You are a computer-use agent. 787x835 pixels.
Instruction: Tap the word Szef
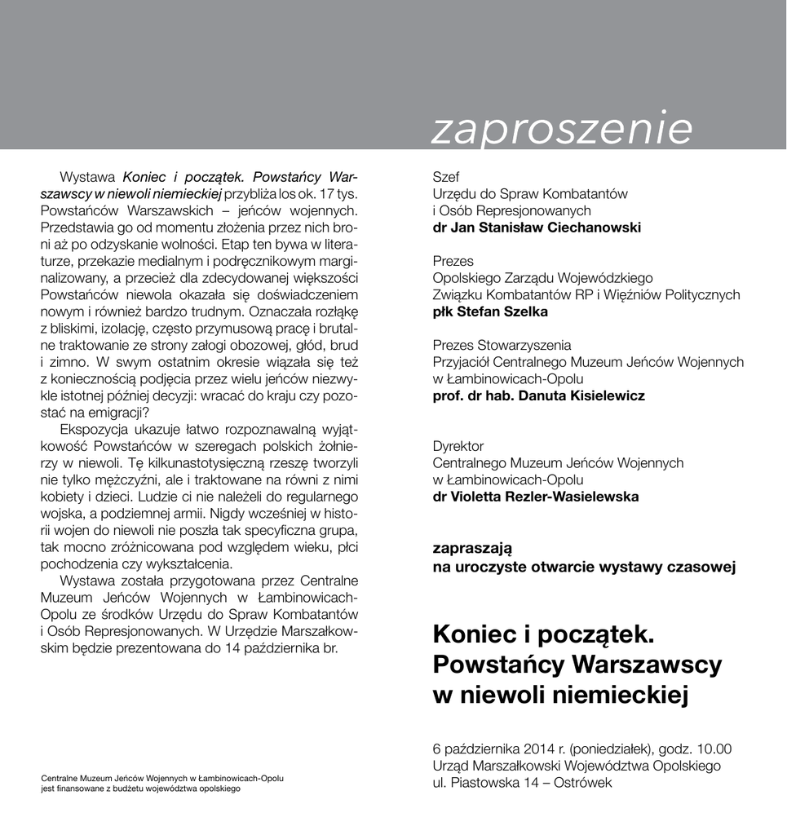(445, 177)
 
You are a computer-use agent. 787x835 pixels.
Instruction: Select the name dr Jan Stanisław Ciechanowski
(536, 228)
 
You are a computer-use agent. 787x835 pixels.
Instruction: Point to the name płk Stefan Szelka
(489, 311)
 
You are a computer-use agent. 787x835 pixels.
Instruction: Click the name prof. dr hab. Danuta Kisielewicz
(538, 395)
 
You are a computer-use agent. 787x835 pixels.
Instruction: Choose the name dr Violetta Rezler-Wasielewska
(535, 497)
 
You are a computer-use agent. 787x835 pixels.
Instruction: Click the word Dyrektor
(458, 446)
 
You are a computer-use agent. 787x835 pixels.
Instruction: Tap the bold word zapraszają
(472, 548)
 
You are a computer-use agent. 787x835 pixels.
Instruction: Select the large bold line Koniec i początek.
(544, 634)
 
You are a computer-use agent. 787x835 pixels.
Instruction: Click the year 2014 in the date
(532, 749)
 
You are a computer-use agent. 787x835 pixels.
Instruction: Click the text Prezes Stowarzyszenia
(502, 346)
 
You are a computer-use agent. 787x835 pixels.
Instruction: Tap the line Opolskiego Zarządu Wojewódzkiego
(542, 278)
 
